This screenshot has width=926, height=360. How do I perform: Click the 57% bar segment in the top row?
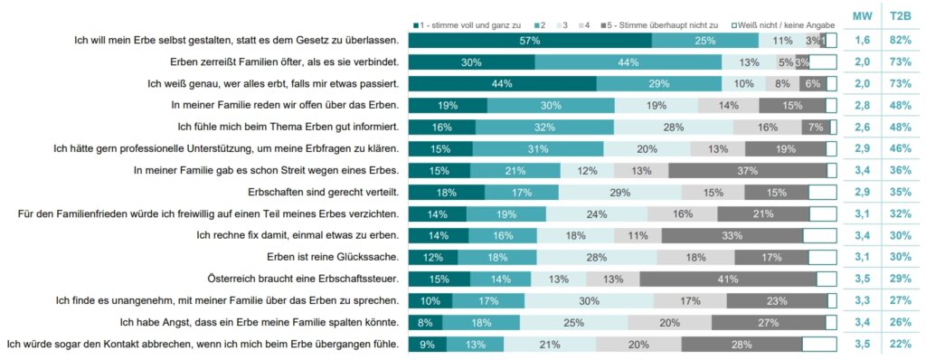[x=530, y=40]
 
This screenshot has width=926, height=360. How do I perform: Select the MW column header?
[x=863, y=16]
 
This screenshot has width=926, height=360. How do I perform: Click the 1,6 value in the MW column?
[x=863, y=40]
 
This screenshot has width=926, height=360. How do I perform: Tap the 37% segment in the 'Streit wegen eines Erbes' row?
[x=747, y=170]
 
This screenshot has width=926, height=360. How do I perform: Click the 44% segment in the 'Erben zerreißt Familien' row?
[x=628, y=62]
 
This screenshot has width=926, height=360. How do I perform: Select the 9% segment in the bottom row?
[x=428, y=344]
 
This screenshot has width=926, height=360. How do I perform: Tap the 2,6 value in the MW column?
[x=863, y=127]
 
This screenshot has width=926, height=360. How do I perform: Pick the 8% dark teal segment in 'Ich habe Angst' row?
[x=425, y=322]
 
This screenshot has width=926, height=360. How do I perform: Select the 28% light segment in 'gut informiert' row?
[x=673, y=127]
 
